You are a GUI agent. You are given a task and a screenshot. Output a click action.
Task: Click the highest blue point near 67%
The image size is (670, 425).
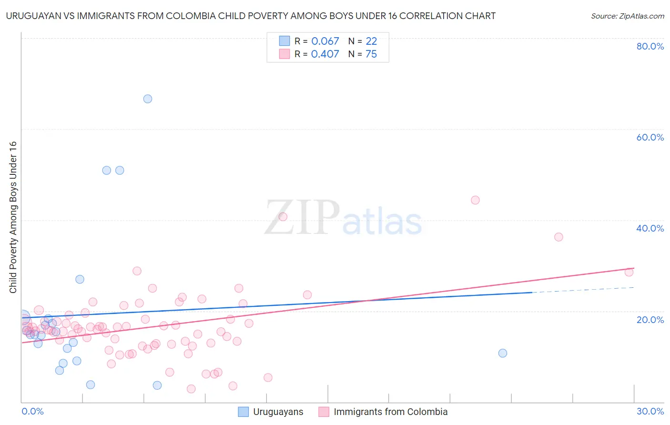148,99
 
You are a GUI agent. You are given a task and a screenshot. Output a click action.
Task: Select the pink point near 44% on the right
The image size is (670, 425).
475,200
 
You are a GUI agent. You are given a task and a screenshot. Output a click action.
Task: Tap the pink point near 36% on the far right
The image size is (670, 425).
558,237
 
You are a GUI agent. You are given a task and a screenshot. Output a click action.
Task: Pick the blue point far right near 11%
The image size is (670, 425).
503,353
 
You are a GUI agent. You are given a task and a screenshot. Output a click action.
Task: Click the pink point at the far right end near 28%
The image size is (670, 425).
629,272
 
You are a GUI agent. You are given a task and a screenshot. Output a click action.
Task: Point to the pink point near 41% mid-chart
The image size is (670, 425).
283,217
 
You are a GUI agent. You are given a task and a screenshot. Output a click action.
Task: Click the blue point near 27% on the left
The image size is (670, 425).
80,279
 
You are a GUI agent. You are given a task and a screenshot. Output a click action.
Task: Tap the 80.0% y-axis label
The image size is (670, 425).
650,46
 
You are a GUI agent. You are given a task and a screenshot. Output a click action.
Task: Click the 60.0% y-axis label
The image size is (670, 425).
650,137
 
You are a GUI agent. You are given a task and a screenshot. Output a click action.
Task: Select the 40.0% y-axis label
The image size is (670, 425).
650,228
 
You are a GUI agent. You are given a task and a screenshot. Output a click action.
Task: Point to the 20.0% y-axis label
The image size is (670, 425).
650,320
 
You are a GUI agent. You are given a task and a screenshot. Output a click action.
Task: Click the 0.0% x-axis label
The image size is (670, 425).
32,411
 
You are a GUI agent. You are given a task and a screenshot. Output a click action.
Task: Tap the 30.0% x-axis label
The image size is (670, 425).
650,411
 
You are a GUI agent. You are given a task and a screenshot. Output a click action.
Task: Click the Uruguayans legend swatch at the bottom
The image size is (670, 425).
244,412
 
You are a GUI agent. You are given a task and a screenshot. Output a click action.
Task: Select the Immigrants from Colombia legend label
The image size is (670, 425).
390,412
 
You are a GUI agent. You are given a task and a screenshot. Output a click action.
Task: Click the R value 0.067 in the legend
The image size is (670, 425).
325,41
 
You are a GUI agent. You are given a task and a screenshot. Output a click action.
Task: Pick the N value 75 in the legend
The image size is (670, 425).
371,54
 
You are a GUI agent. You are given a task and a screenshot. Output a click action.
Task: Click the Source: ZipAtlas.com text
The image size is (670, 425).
627,16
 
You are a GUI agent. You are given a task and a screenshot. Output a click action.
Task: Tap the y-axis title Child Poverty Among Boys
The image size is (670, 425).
13,217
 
